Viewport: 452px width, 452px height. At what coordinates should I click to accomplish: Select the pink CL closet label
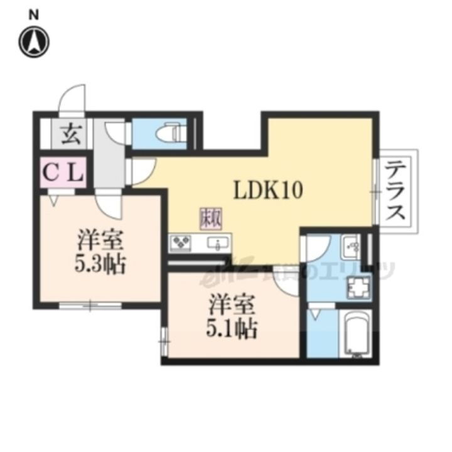(x=63, y=171)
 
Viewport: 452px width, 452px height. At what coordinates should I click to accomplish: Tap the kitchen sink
(x=219, y=243)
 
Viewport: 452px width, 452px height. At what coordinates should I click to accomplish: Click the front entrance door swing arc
(x=71, y=99)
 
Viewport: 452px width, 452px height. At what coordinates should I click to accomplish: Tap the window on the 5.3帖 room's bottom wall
(x=90, y=306)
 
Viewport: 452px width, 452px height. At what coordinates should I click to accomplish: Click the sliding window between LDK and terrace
(x=375, y=191)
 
